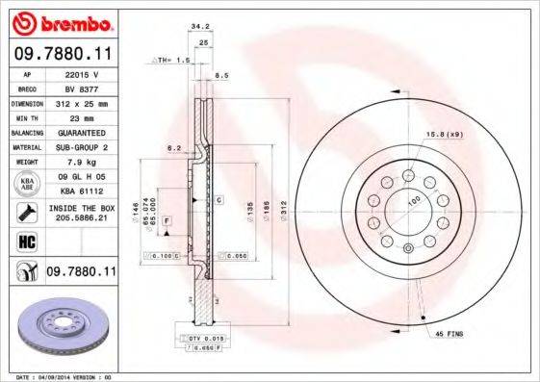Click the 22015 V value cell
80,73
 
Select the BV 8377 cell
80,87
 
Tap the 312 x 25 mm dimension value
80,102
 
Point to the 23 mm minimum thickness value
80,116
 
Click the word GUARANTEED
80,132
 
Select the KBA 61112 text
80,192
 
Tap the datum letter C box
219,200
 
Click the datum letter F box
167,222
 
